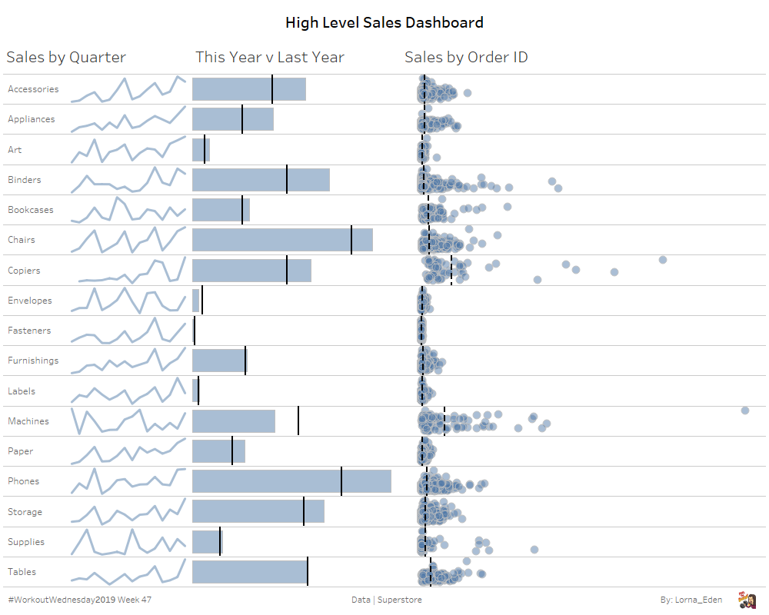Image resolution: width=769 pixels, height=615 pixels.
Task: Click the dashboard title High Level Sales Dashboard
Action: click(384, 22)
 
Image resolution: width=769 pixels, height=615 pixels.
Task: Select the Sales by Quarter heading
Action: click(66, 57)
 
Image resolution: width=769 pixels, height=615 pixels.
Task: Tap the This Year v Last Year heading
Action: click(270, 57)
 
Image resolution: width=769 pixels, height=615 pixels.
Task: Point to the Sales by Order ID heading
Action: click(466, 57)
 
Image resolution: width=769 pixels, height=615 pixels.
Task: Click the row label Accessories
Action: click(33, 89)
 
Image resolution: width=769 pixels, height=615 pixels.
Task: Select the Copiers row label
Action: click(24, 271)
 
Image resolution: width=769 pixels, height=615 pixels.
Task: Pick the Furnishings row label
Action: click(33, 361)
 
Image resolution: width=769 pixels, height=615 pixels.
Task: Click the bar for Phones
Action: click(291, 481)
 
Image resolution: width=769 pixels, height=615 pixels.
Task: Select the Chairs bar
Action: click(282, 240)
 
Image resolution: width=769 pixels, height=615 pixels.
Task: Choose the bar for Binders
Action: click(261, 180)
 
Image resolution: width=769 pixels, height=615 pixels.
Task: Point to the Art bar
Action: click(201, 150)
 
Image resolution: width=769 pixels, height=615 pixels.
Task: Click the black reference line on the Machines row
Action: click(298, 421)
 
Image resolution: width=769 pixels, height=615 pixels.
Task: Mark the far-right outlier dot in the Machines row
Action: click(745, 411)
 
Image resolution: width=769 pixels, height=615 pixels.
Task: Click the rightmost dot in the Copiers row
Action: click(663, 260)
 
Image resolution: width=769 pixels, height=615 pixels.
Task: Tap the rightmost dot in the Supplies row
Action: click(534, 549)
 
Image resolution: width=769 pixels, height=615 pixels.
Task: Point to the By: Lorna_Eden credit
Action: click(691, 600)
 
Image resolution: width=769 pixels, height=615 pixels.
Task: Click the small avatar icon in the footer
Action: click(746, 600)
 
